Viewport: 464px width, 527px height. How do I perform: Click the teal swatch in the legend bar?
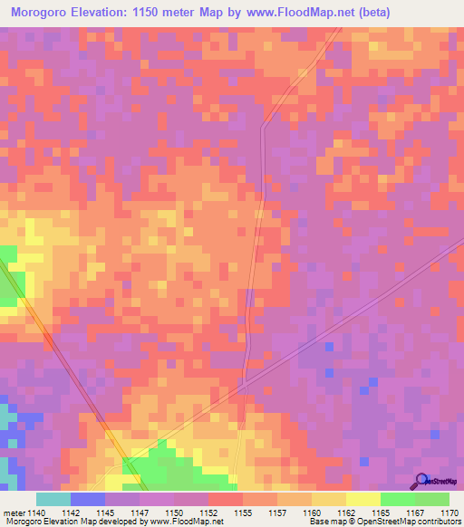[x=53, y=499]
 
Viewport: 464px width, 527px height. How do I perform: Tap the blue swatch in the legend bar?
[x=88, y=499]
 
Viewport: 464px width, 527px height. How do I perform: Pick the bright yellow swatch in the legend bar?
[x=363, y=499]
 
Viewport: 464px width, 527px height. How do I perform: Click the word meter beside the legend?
[x=14, y=512]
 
